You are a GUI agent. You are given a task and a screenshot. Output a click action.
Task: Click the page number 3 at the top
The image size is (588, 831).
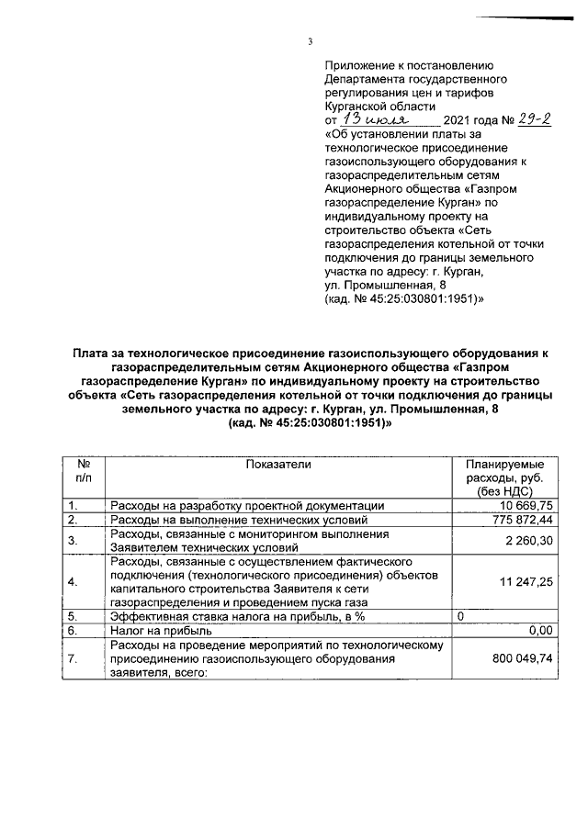pyautogui.click(x=310, y=40)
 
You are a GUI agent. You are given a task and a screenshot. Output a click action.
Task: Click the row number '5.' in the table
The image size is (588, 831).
pyautogui.click(x=73, y=617)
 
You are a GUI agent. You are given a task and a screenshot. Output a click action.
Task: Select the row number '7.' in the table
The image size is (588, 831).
pyautogui.click(x=73, y=658)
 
